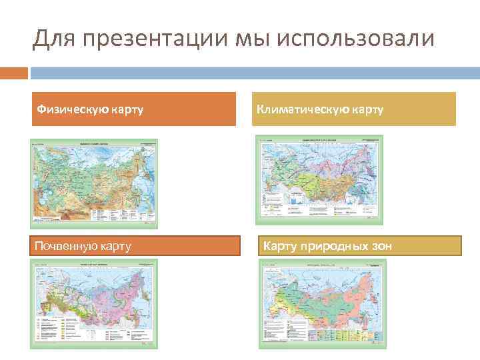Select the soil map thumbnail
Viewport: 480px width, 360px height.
pyautogui.click(x=94, y=303)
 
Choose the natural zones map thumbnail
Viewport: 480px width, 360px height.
pyautogui.click(x=321, y=303)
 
